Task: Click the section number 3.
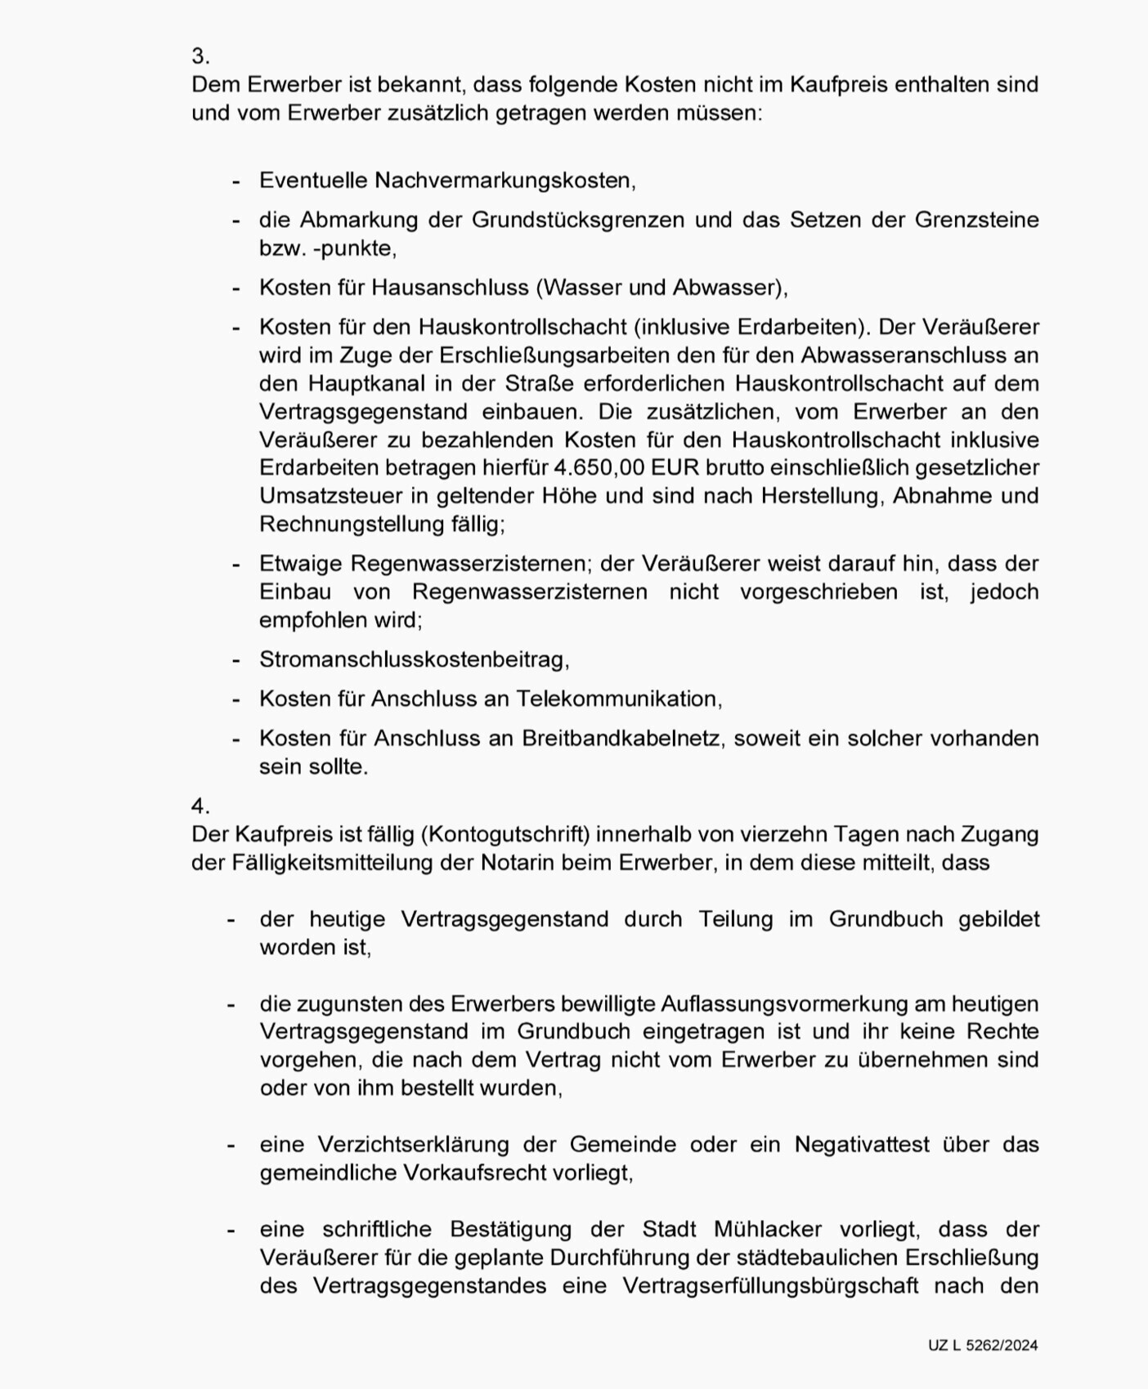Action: click(200, 56)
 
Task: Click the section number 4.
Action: click(200, 806)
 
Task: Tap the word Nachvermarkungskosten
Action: click(504, 181)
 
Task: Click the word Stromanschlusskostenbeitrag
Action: click(414, 659)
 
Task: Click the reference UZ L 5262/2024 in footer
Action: click(983, 1345)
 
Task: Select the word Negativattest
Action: click(862, 1145)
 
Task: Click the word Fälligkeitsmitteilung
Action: click(331, 864)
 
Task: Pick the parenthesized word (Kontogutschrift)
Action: click(505, 835)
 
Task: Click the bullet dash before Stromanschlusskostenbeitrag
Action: click(235, 659)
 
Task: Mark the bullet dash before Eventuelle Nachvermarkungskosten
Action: click(235, 181)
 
